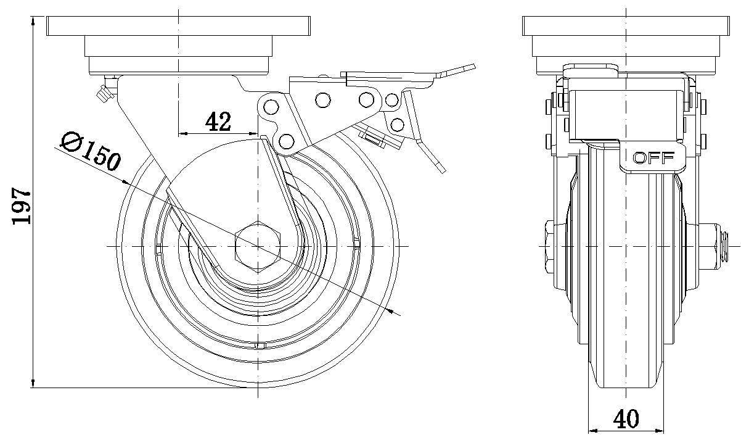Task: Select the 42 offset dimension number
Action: point(218,122)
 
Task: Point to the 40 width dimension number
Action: point(626,420)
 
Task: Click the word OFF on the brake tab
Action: point(650,157)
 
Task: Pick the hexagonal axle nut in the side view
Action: point(258,246)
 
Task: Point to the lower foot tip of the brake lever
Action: point(439,166)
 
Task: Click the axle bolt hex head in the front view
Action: point(552,246)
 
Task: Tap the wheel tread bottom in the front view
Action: point(626,386)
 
